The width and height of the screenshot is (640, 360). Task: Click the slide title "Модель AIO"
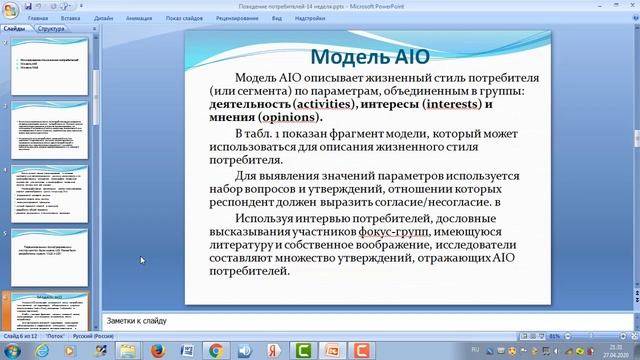(x=370, y=56)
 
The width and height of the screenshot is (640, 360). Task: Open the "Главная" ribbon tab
(x=39, y=18)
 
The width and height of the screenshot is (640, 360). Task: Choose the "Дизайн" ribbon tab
(x=103, y=18)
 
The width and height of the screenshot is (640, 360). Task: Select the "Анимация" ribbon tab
(x=139, y=18)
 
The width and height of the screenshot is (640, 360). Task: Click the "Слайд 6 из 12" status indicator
(x=20, y=338)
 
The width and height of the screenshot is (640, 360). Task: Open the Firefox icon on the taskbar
(x=157, y=351)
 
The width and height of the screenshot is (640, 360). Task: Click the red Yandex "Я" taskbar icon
(x=186, y=351)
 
